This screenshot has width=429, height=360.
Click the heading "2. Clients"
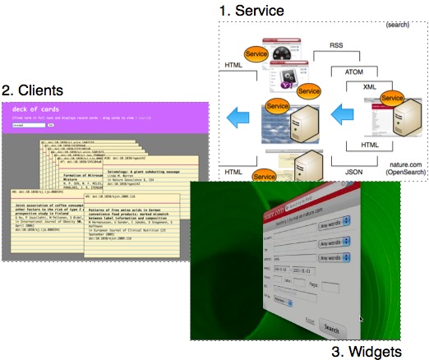pyautogui.click(x=36, y=89)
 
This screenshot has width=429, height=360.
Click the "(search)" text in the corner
pyautogui.click(x=397, y=26)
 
